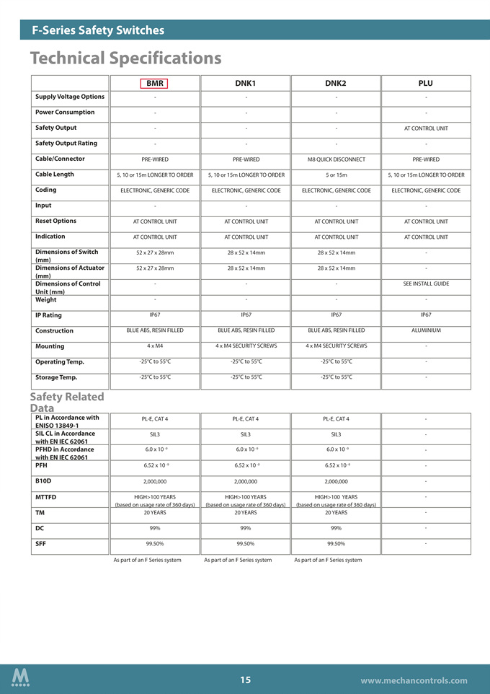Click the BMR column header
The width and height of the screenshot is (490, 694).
pyautogui.click(x=155, y=84)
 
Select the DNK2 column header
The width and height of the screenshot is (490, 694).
pyautogui.click(x=335, y=84)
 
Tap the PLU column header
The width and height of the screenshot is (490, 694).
pyautogui.click(x=425, y=84)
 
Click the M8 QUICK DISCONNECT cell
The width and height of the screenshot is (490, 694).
pyautogui.click(x=336, y=159)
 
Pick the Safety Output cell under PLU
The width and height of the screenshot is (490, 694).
pyautogui.click(x=426, y=128)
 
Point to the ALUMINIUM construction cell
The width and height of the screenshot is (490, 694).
pyautogui.click(x=426, y=330)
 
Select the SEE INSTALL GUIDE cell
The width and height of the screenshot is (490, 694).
pyautogui.click(x=426, y=284)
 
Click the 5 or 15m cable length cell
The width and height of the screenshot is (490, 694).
pyautogui.click(x=336, y=175)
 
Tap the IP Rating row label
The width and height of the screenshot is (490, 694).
pyautogui.click(x=48, y=315)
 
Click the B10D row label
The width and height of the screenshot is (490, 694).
pyautogui.click(x=43, y=480)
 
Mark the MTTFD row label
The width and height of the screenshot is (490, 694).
pyautogui.click(x=45, y=497)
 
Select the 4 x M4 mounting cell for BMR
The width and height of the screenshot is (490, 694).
pyautogui.click(x=155, y=346)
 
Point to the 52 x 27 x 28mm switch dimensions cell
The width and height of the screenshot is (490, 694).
pyautogui.click(x=155, y=252)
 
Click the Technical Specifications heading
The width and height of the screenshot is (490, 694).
pyautogui.click(x=125, y=58)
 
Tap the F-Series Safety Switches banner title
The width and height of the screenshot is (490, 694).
pyautogui.click(x=98, y=30)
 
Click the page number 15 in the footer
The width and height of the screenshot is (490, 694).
pyautogui.click(x=245, y=680)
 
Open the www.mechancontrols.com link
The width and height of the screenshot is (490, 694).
pyautogui.click(x=414, y=680)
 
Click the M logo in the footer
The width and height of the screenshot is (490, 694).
pyautogui.click(x=21, y=678)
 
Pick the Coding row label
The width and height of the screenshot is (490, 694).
pyautogui.click(x=46, y=190)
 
